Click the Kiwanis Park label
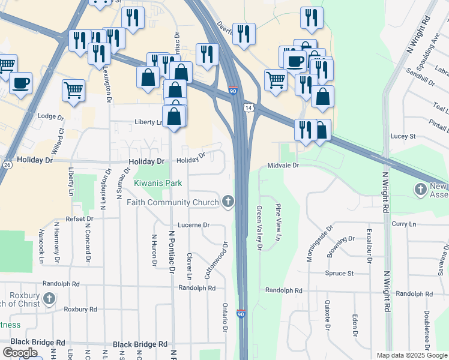pos(158,182)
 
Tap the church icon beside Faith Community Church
pos(228,202)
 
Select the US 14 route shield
pos(248,109)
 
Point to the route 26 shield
pos(7,164)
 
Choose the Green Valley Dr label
pos(259,227)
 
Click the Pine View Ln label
pos(278,222)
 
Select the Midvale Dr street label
pos(283,165)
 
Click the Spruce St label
pos(339,273)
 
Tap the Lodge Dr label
pos(50,116)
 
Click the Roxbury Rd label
pos(80,310)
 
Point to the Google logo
pos(20,353)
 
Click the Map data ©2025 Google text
pos(411,355)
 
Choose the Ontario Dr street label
pos(226,317)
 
